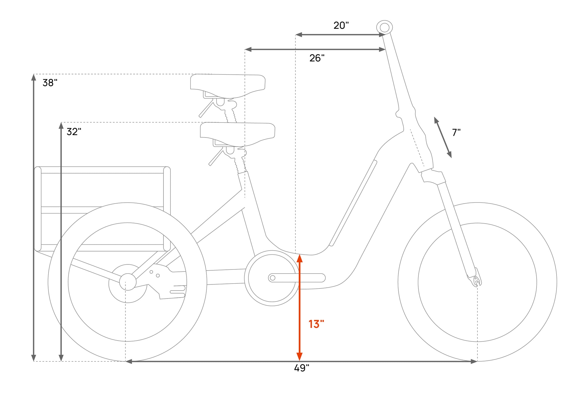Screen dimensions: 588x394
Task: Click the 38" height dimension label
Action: tap(50, 83)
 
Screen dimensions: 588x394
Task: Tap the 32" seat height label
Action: tap(74, 132)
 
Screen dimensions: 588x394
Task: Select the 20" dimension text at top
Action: tap(341, 26)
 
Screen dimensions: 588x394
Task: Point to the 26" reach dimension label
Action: tap(317, 58)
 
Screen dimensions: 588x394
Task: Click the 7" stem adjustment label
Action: tap(456, 133)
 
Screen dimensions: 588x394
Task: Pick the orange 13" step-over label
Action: tap(316, 324)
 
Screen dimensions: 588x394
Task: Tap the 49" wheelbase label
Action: tap(302, 368)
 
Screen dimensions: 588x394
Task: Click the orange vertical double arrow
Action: tap(299, 307)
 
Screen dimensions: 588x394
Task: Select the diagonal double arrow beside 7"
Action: tap(443, 138)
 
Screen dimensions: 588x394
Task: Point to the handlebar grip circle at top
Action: tap(385, 28)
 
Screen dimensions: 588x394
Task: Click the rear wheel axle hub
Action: tap(128, 282)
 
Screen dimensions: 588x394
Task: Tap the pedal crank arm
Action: tap(297, 278)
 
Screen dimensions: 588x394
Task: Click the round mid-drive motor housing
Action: tap(272, 278)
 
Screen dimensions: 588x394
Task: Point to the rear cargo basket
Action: tap(102, 209)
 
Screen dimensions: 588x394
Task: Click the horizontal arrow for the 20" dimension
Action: tap(340, 35)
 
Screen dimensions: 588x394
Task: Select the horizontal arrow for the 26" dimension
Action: tap(315, 49)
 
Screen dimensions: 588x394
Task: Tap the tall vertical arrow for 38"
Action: tap(34, 218)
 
